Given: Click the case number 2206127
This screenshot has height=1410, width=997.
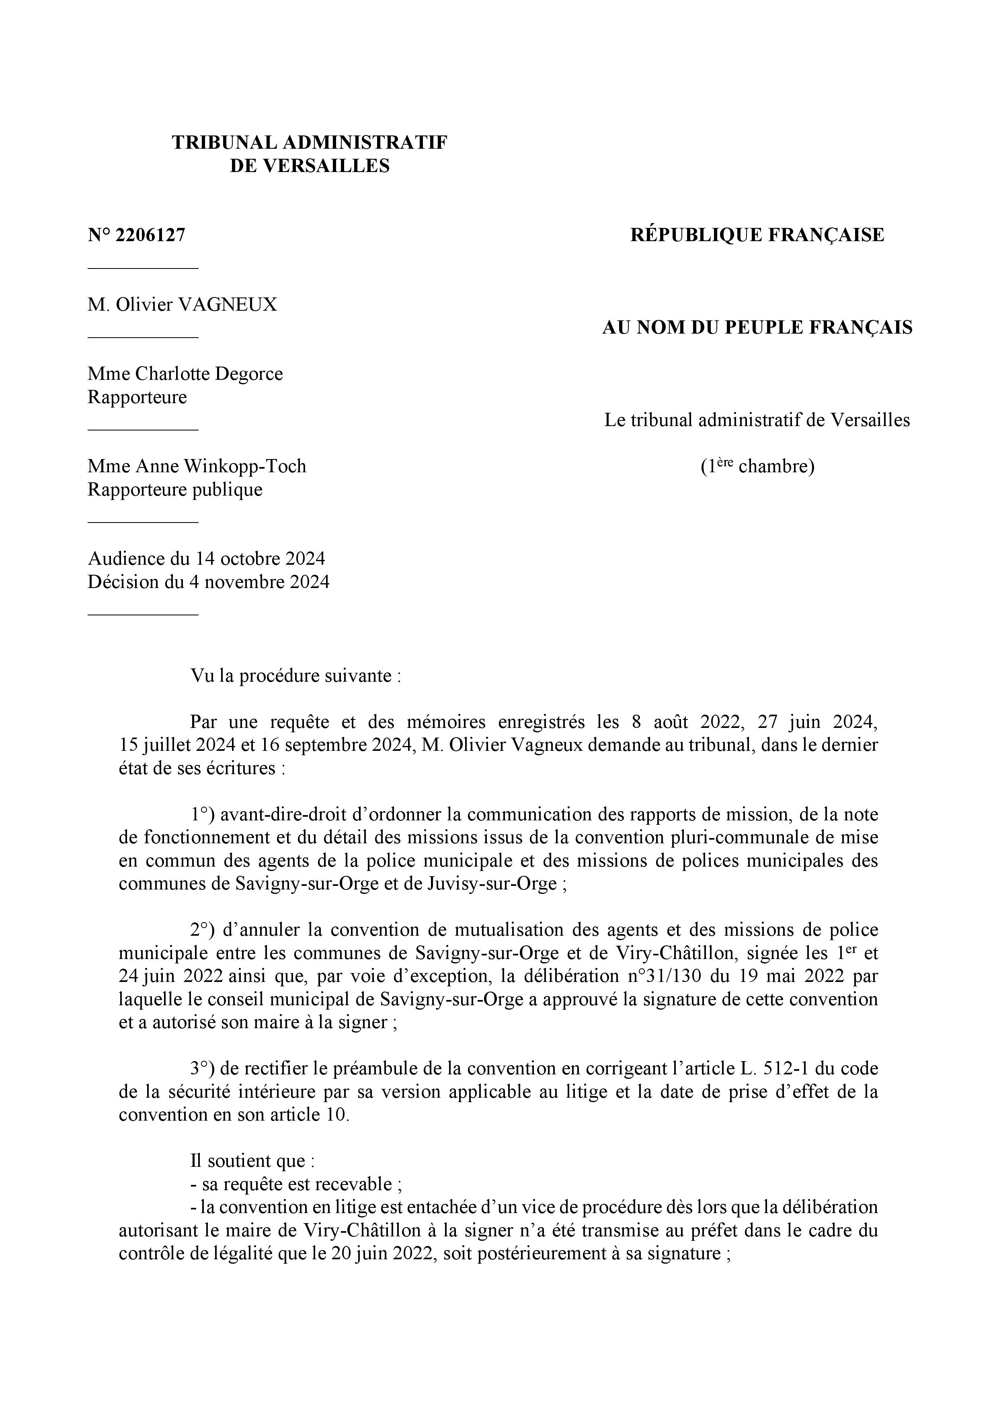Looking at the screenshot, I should coord(150,235).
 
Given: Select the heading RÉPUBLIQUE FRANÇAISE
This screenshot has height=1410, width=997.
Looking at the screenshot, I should coord(757,235).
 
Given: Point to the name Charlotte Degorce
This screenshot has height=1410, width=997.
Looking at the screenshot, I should coord(209,374).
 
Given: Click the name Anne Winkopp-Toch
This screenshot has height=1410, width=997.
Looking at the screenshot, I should coord(221,466).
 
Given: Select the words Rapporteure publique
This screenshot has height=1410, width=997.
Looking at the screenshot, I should coord(175,490).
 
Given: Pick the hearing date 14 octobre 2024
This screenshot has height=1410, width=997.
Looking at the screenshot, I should coord(261,559).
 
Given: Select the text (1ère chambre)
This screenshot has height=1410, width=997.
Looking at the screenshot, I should coord(757,467).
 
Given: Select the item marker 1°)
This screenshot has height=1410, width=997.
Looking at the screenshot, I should coord(201,814).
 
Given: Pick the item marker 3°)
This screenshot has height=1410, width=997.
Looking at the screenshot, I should coord(201,1069).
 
